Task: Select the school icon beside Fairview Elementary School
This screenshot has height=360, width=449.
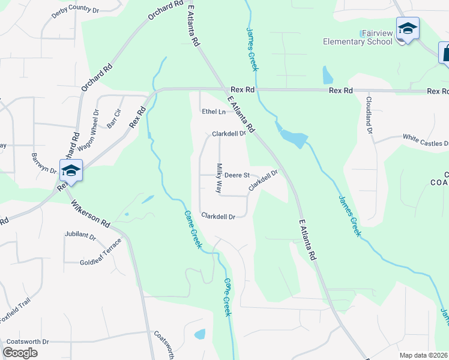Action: pos(408,29)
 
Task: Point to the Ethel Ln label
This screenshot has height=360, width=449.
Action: pos(214,112)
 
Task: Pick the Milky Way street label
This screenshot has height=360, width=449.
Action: pos(219,178)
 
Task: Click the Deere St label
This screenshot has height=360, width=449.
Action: pos(237,175)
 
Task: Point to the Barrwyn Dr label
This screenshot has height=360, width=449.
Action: pos(43,163)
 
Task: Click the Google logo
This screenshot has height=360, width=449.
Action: pos(20,352)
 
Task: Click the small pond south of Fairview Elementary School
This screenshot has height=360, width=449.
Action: pos(327,75)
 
